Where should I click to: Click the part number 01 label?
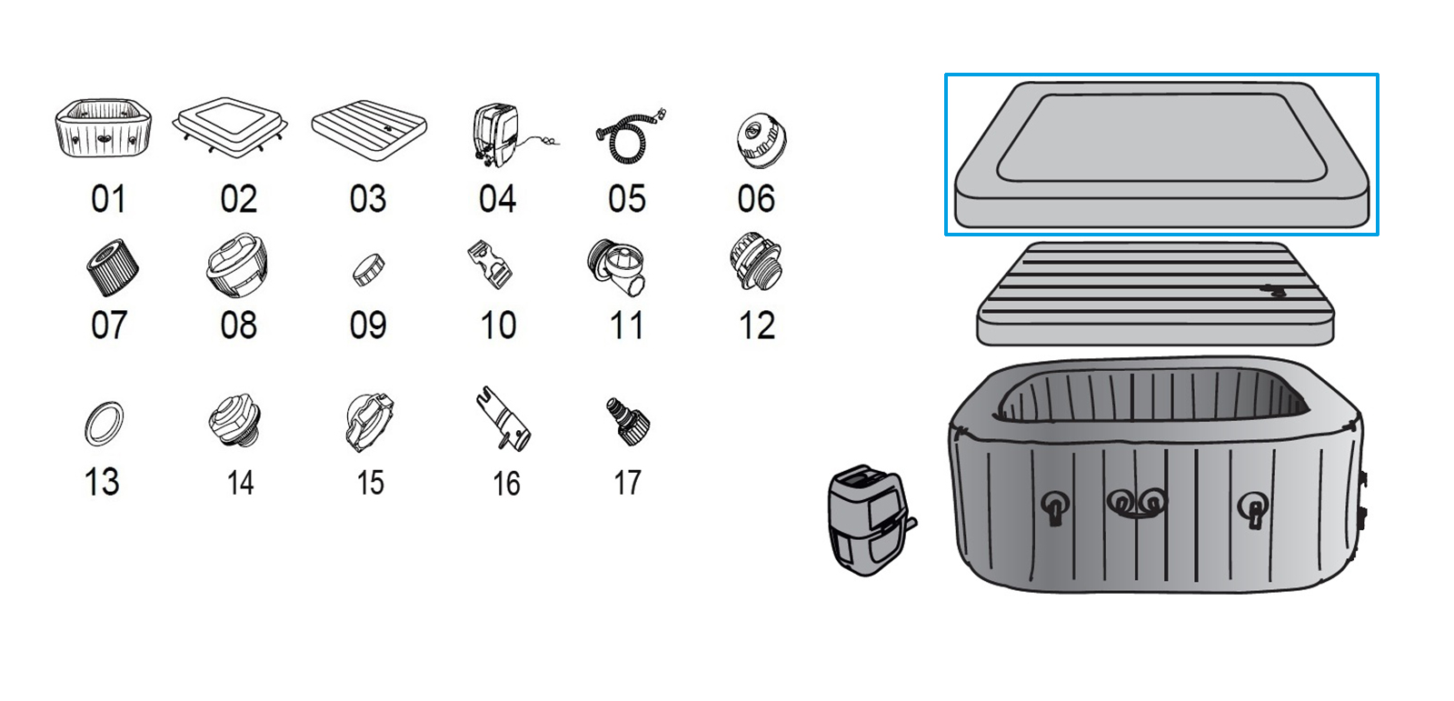point(108,199)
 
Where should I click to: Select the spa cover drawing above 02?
point(231,125)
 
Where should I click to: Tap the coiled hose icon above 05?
point(628,138)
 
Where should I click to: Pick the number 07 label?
point(108,325)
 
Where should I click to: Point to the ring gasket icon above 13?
point(103,423)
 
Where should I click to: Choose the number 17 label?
point(627,483)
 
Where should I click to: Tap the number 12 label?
point(756,325)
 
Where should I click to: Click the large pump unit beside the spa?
point(869,520)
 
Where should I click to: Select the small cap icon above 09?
point(367,269)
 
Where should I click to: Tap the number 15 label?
point(370,483)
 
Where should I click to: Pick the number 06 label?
point(756,199)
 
